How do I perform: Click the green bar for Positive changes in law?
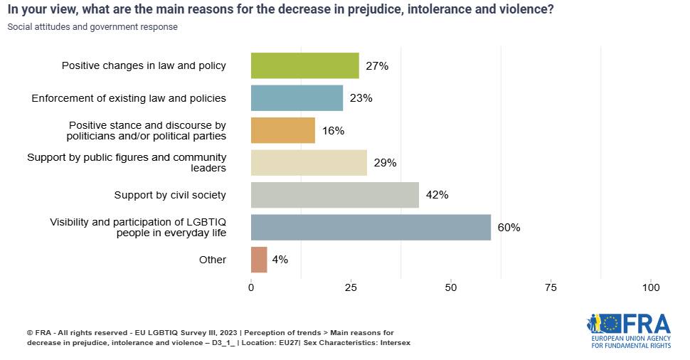click(304, 65)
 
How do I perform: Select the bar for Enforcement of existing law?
click(297, 98)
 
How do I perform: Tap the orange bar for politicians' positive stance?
click(282, 130)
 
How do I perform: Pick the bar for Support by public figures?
click(309, 162)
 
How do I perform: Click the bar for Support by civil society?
click(334, 195)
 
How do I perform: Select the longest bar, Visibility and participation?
click(371, 227)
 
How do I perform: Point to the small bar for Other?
click(259, 260)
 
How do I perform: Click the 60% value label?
click(509, 228)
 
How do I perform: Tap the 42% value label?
click(437, 195)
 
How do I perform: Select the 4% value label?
click(280, 260)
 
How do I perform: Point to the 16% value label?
click(333, 131)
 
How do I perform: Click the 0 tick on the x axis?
click(251, 287)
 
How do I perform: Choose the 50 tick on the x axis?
click(451, 287)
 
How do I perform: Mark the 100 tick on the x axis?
click(651, 287)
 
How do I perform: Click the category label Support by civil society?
click(170, 195)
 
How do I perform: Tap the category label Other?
click(213, 260)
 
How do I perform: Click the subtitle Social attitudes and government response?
click(92, 27)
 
